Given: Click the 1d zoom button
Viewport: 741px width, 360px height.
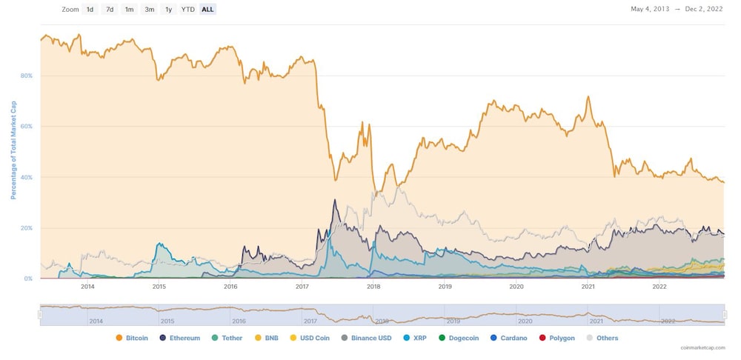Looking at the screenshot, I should coord(90,10).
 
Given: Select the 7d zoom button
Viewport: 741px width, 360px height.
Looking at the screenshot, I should coord(110,10).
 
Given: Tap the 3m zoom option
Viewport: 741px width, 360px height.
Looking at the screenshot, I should coord(150,10).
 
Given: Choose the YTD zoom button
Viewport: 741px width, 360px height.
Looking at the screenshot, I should coord(188,10).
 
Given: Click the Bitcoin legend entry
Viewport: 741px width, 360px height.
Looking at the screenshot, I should coord(132,338).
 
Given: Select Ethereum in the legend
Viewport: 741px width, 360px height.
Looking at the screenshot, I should coord(180,338).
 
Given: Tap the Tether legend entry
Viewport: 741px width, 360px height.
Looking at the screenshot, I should coord(227,338).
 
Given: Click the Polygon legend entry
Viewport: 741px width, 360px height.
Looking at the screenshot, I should coord(556,338).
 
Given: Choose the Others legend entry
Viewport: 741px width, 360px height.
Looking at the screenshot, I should coord(602,338).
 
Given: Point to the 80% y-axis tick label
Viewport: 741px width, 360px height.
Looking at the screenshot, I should coord(27,76).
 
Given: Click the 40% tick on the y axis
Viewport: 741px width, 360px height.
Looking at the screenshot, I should coord(27,177).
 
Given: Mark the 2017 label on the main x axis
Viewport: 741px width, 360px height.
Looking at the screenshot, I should coord(302,286).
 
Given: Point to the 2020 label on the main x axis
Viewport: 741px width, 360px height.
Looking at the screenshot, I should coord(516,286).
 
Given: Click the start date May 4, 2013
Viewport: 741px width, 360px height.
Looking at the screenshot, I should coord(650,10).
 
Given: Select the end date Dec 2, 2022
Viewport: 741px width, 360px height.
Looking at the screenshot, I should coord(705,10).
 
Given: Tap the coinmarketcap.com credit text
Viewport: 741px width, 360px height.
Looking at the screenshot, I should coord(702,347).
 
